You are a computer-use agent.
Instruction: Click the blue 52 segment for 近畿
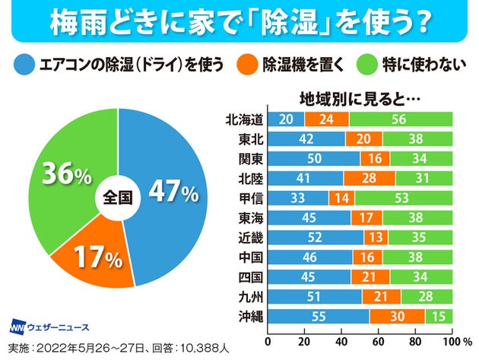(316, 237)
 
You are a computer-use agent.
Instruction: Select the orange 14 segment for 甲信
(340, 197)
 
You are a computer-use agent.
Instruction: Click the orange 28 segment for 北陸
(369, 177)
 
